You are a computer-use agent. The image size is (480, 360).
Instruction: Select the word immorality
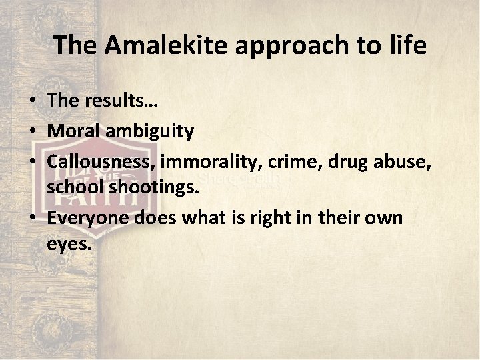[213, 161]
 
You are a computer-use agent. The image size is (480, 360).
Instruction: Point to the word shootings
[152, 189]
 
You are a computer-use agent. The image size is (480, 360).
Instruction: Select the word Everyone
[88, 218]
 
